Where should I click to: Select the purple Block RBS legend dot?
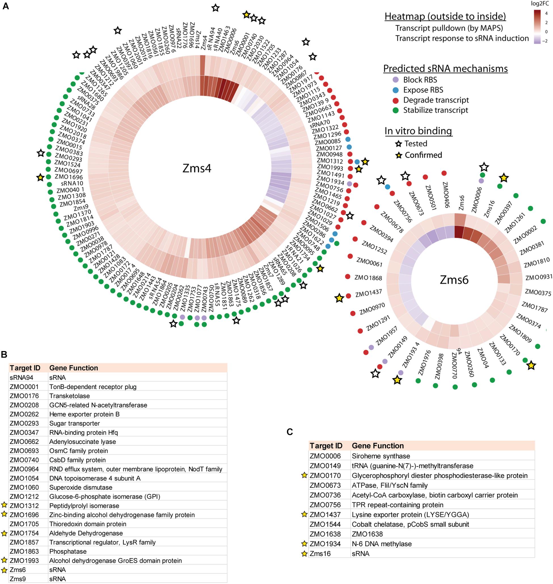pyautogui.click(x=396, y=80)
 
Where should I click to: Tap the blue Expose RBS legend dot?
pyautogui.click(x=396, y=90)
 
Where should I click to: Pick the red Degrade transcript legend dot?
pyautogui.click(x=396, y=100)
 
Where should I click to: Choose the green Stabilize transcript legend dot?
pyautogui.click(x=396, y=110)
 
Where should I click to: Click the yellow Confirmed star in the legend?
pyautogui.click(x=398, y=155)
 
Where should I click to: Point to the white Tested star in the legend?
pyautogui.click(x=398, y=144)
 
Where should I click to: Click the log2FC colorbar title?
pyautogui.click(x=541, y=4)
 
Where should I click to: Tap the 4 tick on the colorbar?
pyautogui.click(x=546, y=14)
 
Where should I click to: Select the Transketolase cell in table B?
pyautogui.click(x=69, y=396)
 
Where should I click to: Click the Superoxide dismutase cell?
pyautogui.click(x=81, y=487)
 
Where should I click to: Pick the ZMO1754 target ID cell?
pyautogui.click(x=24, y=533)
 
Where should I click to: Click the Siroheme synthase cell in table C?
pyautogui.click(x=381, y=456)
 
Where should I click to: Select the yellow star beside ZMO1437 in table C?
pyautogui.click(x=305, y=515)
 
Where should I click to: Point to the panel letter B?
pyautogui.click(x=4, y=354)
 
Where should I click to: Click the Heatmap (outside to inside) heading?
pyautogui.click(x=445, y=16)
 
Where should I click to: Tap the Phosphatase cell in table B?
pyautogui.click(x=68, y=551)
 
